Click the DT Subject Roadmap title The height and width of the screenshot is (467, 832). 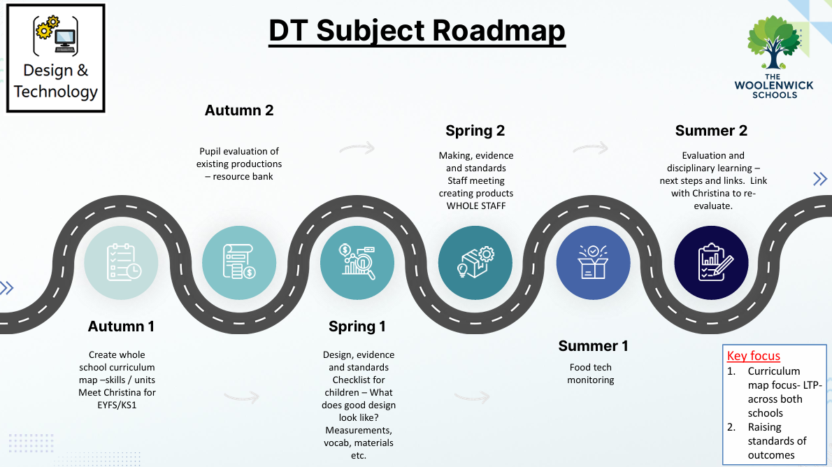pos(417,31)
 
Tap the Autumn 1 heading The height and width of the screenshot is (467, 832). pos(121,326)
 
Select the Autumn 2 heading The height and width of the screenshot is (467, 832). pos(239,110)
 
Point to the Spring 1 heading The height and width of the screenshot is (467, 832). pos(357,326)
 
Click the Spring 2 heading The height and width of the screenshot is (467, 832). pos(475,131)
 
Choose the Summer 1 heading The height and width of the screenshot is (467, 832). pos(593,346)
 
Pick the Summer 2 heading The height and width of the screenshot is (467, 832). pos(711,131)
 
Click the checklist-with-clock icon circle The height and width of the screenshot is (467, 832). pos(121,263)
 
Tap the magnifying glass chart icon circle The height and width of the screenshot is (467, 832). pos(357,263)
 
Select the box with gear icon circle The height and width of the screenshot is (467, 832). pos(475,263)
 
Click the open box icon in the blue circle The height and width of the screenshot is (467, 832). pos(593,263)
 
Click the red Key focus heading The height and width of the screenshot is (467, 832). pos(754,356)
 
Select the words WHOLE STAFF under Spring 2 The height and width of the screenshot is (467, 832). pos(476,206)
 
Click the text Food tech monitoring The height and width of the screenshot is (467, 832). pos(591,373)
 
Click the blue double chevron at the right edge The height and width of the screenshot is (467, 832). pos(820,179)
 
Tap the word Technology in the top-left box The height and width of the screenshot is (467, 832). pos(56,92)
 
